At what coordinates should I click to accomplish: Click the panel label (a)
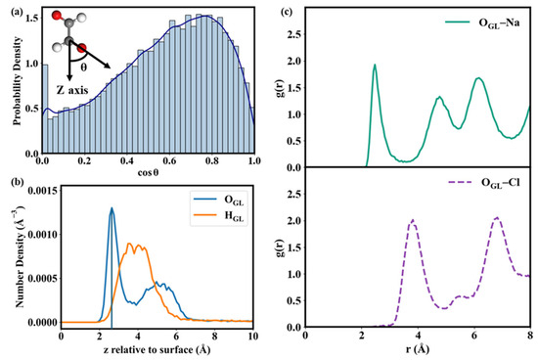point(17,13)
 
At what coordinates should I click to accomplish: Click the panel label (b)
point(17,182)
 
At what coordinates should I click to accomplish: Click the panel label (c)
point(287,13)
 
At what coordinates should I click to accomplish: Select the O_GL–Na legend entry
point(482,23)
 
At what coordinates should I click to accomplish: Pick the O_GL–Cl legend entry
point(484,183)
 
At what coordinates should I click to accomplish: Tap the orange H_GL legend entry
point(219,216)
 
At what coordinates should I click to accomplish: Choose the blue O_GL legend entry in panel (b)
point(219,200)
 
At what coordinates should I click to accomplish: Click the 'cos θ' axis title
point(148,172)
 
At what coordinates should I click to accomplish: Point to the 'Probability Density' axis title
point(18,80)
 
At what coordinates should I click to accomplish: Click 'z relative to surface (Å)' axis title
point(157,349)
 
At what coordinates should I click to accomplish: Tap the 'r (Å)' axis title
point(418,349)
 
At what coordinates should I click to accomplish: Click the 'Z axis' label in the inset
point(72,90)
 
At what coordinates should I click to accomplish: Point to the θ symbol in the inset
point(84,67)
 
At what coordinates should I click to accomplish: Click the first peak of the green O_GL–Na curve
point(375,65)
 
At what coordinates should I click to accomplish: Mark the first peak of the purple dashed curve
point(413,220)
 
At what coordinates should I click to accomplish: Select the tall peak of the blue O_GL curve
point(112,208)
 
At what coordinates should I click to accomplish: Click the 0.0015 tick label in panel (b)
point(41,191)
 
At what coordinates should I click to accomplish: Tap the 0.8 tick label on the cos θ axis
point(212,161)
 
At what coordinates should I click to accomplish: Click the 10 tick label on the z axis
point(253,336)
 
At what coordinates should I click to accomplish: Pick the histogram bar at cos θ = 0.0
point(45,109)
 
